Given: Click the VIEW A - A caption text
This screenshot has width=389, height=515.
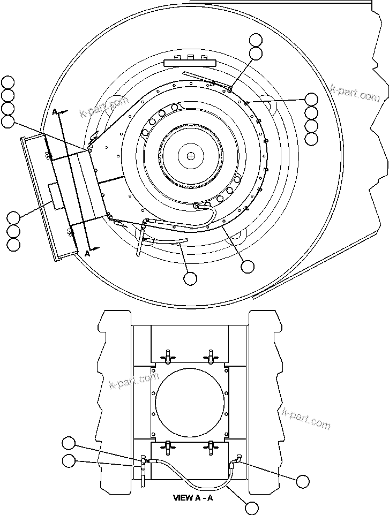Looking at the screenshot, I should pyautogui.click(x=193, y=497).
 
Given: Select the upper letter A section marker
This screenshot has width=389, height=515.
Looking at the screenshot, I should pyautogui.click(x=55, y=111).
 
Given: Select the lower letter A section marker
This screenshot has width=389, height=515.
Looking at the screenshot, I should pyautogui.click(x=87, y=254).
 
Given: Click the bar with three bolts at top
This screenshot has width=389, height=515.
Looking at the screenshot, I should pyautogui.click(x=189, y=62).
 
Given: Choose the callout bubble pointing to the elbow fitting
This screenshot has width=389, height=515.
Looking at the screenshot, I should pyautogui.click(x=303, y=481).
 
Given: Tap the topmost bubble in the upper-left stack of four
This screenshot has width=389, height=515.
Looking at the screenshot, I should pyautogui.click(x=8, y=82).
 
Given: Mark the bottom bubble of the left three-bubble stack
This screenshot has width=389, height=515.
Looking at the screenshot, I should pyautogui.click(x=13, y=245).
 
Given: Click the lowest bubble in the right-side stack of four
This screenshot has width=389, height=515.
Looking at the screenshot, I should pyautogui.click(x=311, y=139).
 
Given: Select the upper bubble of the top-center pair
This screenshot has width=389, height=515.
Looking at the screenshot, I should pyautogui.click(x=256, y=40).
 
